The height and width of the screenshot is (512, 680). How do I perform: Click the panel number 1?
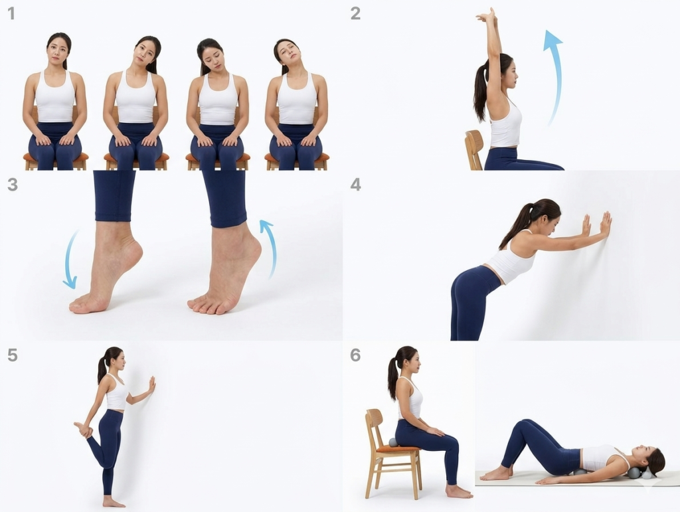point(11,13)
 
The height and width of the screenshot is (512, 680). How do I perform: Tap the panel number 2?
point(355,13)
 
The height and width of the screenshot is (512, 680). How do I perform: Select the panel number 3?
point(12,185)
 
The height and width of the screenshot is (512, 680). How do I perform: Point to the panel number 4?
point(356,185)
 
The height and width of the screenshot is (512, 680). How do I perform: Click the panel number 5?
point(12,355)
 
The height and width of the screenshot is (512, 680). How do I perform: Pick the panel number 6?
point(355,355)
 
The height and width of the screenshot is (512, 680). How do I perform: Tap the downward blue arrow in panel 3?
point(68,260)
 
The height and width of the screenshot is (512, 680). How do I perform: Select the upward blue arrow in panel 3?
point(271,247)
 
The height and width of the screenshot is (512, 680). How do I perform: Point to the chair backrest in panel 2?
point(474,149)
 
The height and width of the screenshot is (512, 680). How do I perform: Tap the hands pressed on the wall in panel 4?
point(598,224)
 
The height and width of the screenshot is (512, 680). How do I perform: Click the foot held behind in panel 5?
point(84,430)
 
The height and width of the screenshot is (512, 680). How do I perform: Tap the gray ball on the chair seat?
point(393,442)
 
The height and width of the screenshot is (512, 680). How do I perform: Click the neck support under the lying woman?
point(640,473)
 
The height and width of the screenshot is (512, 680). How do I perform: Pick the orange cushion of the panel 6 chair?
point(397,450)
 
